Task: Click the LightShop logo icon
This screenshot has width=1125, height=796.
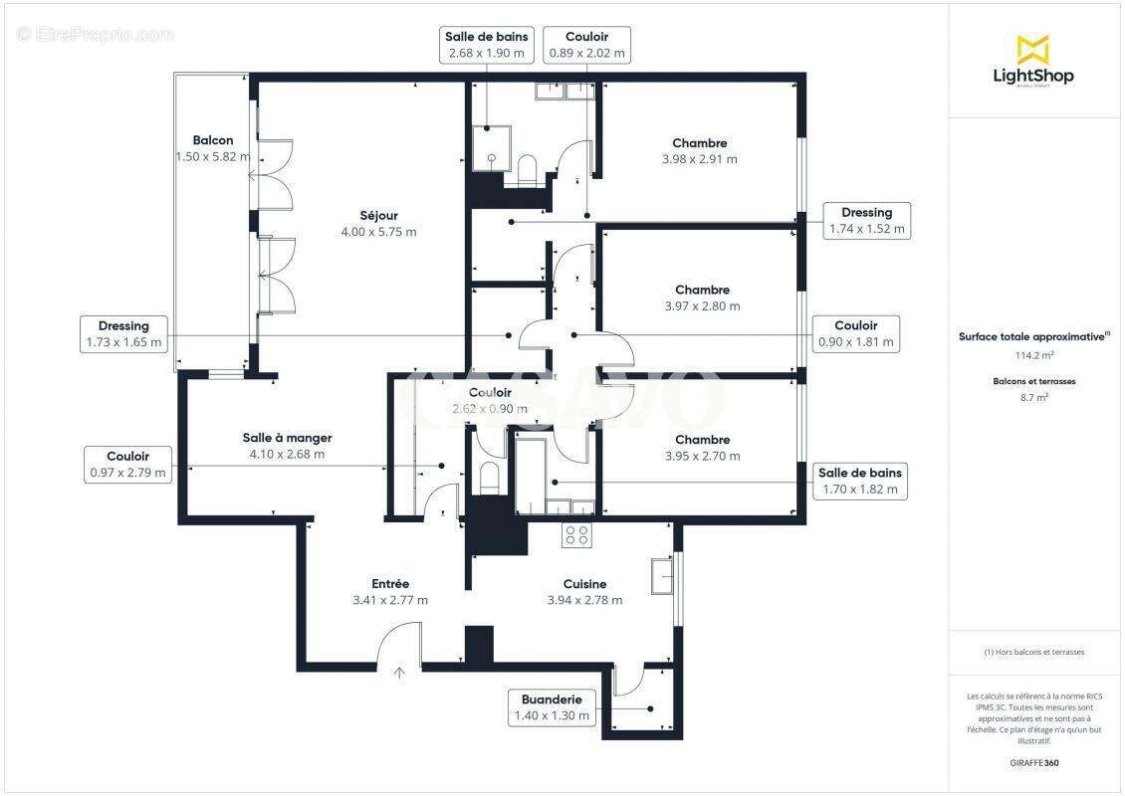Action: (1032, 49)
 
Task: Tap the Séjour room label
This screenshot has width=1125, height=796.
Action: (378, 215)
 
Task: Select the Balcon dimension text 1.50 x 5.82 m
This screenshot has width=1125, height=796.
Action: (212, 156)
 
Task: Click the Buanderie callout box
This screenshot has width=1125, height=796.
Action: (551, 707)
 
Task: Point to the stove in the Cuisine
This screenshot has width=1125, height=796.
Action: (576, 535)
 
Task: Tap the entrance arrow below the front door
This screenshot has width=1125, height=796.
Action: (399, 673)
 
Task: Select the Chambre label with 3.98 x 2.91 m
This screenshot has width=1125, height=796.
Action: (699, 143)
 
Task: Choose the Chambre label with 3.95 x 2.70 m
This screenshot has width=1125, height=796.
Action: (702, 440)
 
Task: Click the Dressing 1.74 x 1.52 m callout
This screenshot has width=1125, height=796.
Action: (866, 220)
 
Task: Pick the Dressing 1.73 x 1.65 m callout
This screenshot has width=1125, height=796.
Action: (123, 334)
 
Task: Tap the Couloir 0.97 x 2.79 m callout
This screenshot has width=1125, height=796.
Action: (127, 465)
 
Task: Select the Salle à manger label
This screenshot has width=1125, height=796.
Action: (287, 438)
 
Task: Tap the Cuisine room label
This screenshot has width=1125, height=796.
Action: (584, 584)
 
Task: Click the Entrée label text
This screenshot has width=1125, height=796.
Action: (389, 583)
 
